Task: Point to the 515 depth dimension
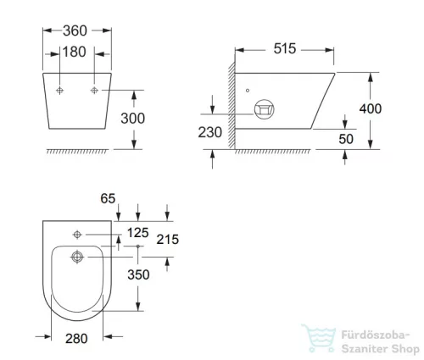285,49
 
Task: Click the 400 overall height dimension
394,109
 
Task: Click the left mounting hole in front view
60,90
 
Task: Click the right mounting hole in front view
94,90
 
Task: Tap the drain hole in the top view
78,258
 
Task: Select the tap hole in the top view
78,232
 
